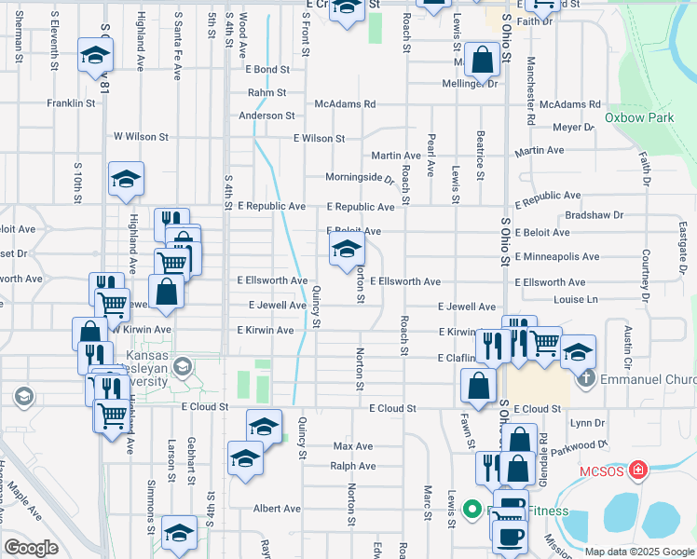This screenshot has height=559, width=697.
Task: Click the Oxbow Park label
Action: coord(638,118)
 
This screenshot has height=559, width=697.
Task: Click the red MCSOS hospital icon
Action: coord(637,470)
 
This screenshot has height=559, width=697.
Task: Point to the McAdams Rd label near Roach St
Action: coord(345,104)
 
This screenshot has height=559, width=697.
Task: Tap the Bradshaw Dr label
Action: coord(594,214)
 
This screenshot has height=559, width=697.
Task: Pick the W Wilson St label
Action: coord(141,136)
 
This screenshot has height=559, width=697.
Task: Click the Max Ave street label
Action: coord(353,446)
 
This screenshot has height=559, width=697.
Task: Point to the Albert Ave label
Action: coord(278,509)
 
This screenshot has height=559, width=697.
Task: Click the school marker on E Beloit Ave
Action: coord(347,249)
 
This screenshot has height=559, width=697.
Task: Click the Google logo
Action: coord(31,548)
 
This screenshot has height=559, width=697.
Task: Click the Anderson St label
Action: coord(266,116)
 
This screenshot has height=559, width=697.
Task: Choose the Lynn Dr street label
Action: coord(587,422)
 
